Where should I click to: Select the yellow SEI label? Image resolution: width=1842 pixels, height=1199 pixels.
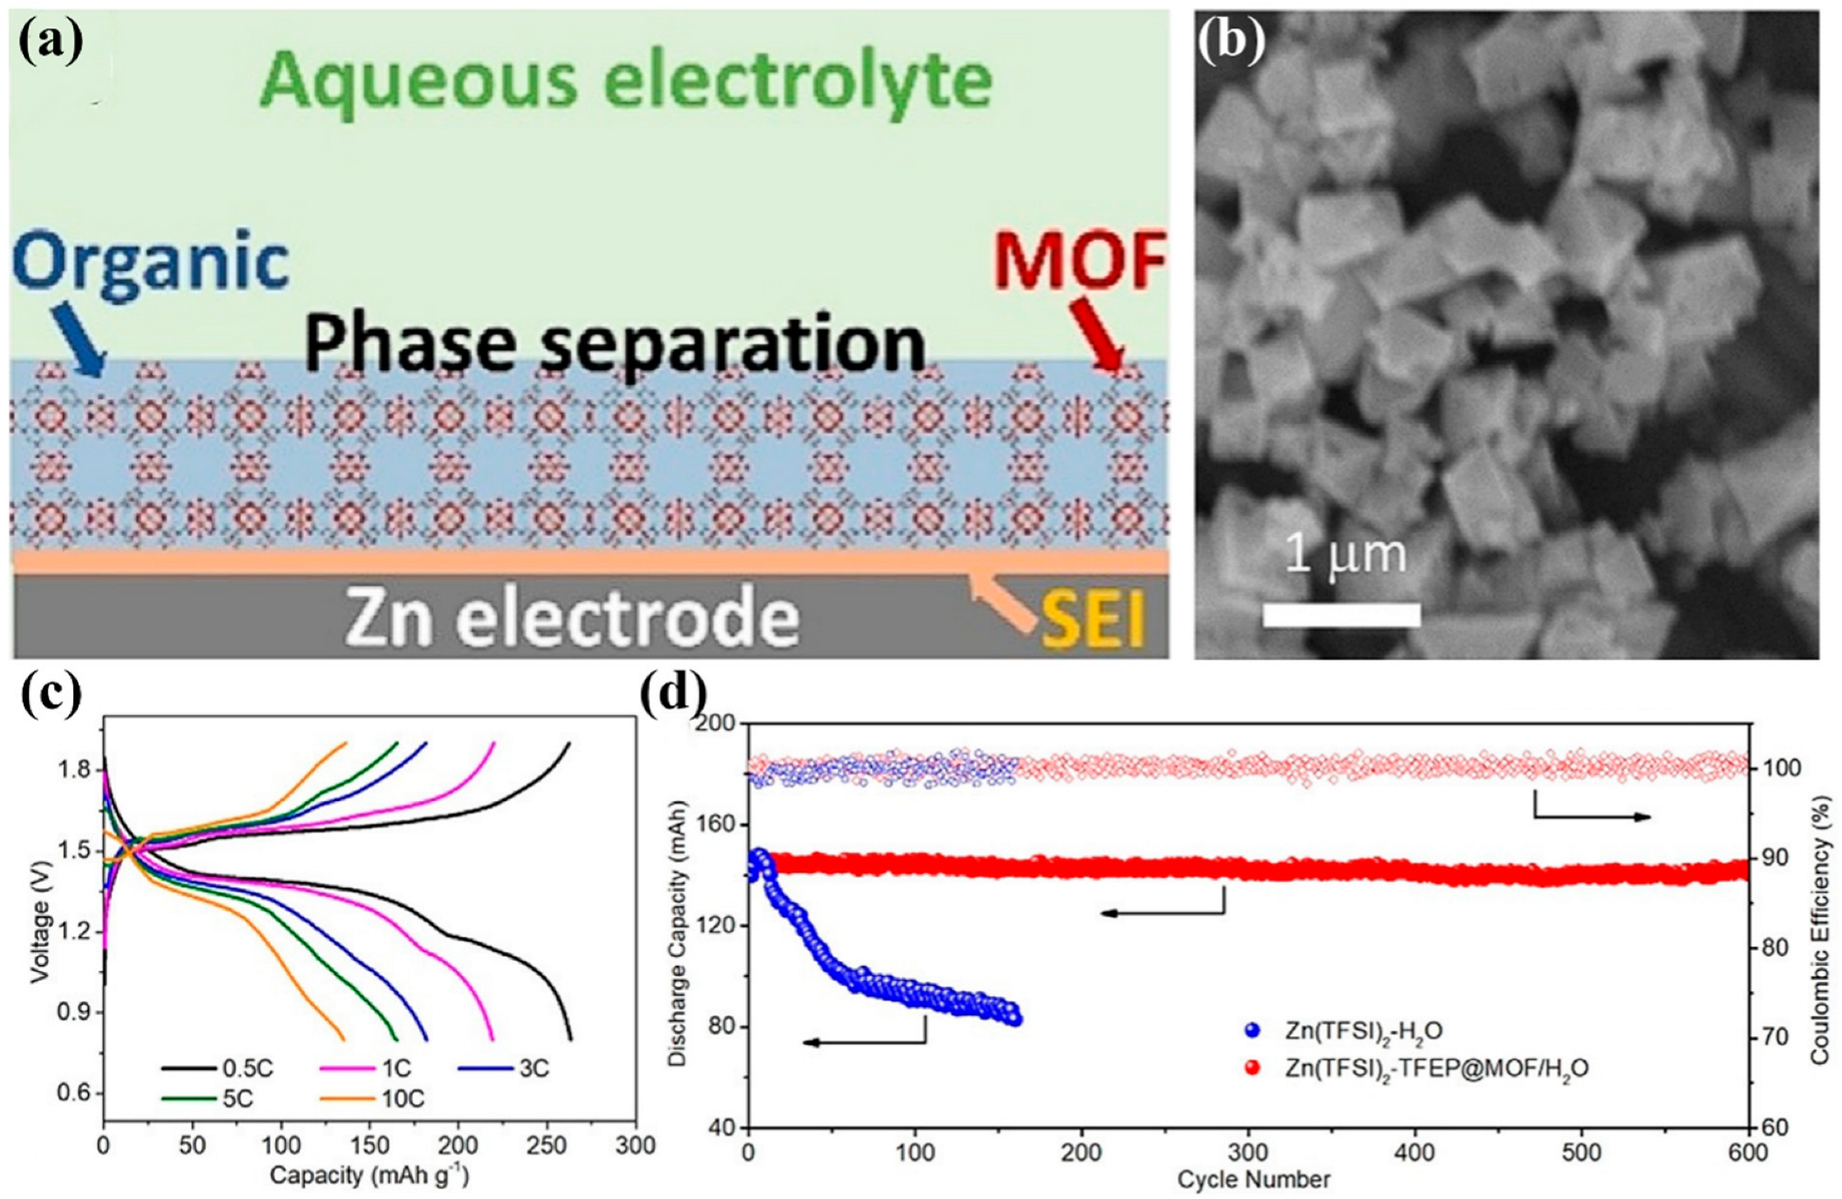(1093, 622)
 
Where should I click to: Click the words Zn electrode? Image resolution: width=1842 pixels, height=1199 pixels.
(572, 617)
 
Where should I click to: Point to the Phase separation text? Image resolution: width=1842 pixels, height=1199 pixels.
(615, 346)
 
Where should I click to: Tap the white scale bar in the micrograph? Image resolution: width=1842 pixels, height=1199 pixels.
(1340, 615)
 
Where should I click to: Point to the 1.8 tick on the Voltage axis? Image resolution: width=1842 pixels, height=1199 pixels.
(74, 770)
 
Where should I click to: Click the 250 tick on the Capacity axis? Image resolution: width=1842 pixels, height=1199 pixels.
(546, 1145)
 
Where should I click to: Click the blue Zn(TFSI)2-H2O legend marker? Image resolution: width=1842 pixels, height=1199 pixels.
(1253, 1030)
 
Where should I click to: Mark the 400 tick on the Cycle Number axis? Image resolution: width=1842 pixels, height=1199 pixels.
(1415, 1153)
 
